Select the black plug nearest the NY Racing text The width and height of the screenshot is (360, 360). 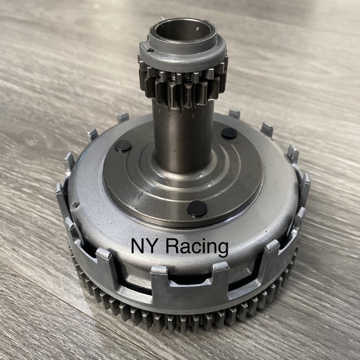(x=198, y=208)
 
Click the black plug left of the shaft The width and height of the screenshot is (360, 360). (x=123, y=145)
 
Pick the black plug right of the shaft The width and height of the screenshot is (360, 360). (x=229, y=133)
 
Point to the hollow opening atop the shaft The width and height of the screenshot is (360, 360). (x=181, y=32)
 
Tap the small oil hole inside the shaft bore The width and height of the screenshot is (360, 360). (x=197, y=29)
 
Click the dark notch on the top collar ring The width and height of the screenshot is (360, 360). (x=150, y=50)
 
